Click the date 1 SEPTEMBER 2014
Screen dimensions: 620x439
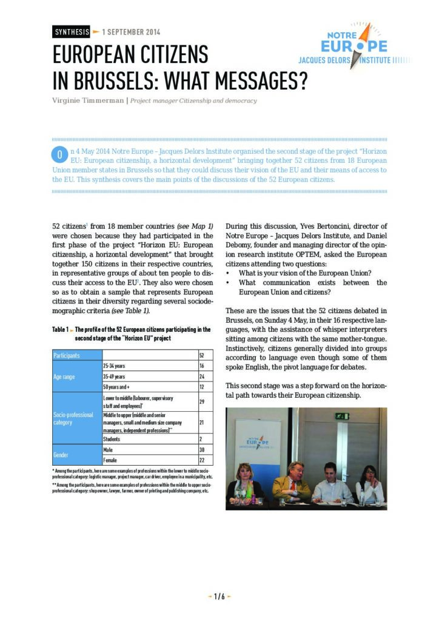pos(131,32)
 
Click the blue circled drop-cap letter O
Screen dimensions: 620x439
pos(59,156)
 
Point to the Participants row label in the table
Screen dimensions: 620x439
pos(67,355)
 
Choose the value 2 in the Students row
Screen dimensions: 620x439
pos(201,437)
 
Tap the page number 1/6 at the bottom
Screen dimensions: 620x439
pos(219,596)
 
